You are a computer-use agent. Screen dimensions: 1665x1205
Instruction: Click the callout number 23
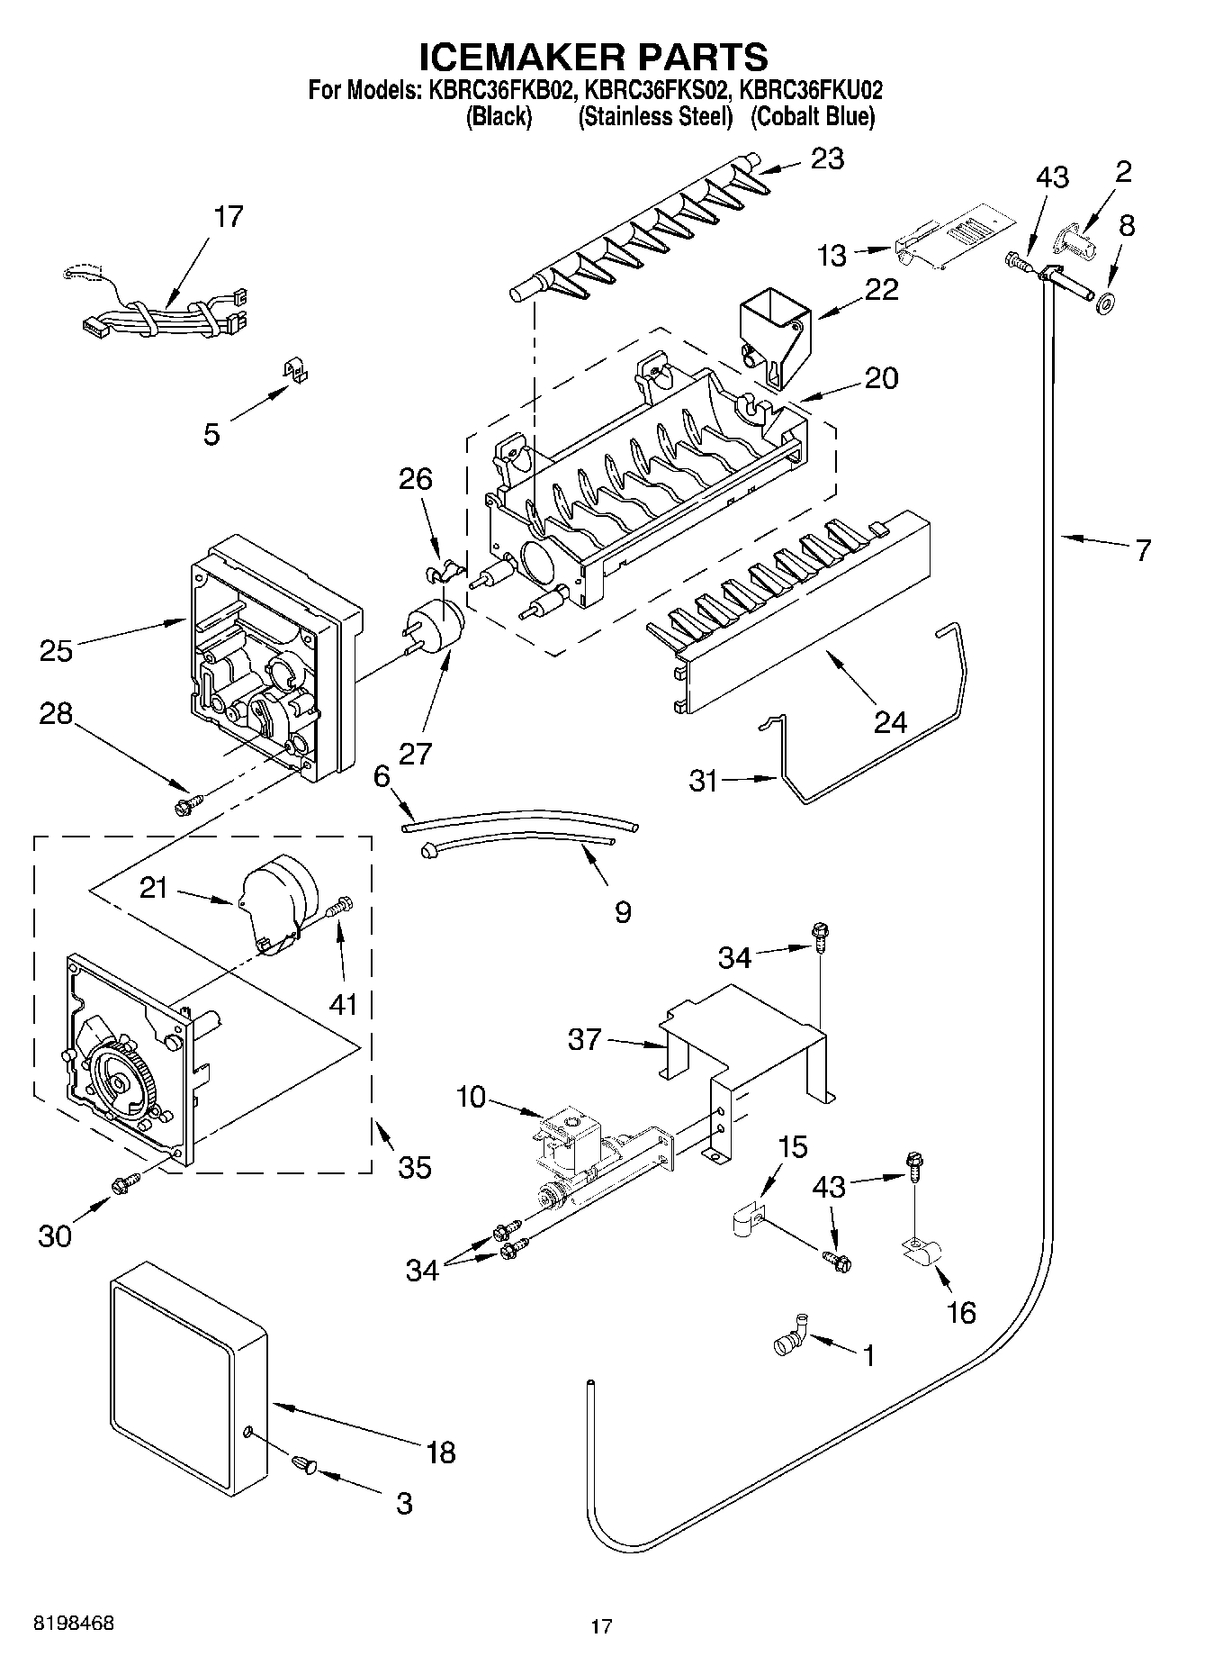[x=827, y=158]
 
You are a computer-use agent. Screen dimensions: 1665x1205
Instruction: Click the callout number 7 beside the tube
[x=1142, y=549]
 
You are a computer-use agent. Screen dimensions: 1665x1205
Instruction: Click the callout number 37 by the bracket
[x=585, y=1039]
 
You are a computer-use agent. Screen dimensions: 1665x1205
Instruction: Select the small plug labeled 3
[x=304, y=1467]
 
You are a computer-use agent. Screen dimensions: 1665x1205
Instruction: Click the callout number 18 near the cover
[x=441, y=1452]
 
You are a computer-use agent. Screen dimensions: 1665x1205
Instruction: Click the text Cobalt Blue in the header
[x=812, y=116]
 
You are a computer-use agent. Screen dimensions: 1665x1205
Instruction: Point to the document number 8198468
[x=74, y=1623]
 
